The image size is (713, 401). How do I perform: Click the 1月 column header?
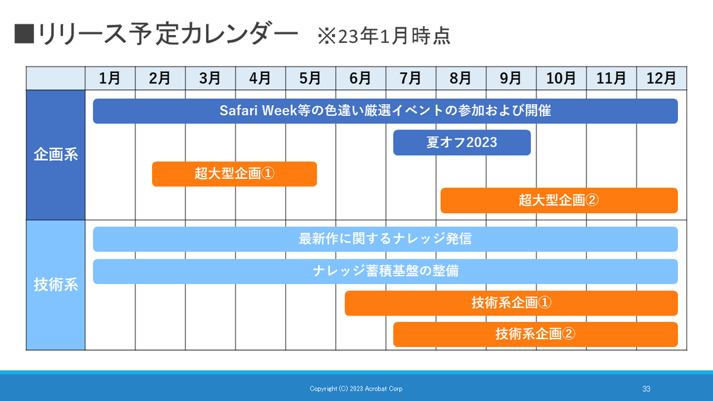click(x=110, y=78)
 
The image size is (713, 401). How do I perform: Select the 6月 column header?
click(x=361, y=78)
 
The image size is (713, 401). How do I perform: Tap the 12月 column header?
click(x=661, y=78)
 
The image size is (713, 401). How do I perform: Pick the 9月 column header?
click(x=511, y=78)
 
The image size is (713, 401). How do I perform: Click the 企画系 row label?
click(x=56, y=155)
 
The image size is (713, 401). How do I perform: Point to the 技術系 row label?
click(x=56, y=285)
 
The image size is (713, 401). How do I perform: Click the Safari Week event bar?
click(x=385, y=111)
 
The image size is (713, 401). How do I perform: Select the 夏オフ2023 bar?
click(x=462, y=143)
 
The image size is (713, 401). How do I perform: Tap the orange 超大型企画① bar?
click(x=234, y=174)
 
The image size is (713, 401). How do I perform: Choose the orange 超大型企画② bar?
click(x=559, y=201)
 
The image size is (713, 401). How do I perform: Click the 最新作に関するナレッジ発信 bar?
click(x=385, y=239)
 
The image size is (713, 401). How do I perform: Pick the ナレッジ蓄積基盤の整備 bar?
click(x=385, y=271)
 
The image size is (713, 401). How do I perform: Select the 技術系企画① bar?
click(x=511, y=304)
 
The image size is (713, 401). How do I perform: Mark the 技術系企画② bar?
click(x=535, y=334)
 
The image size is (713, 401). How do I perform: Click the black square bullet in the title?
click(x=24, y=34)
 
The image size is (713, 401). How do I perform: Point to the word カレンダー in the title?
click(x=241, y=33)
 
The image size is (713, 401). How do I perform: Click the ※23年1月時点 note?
click(x=384, y=36)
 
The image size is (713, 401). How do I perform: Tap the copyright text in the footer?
click(x=356, y=389)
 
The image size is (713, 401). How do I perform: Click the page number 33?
click(x=646, y=389)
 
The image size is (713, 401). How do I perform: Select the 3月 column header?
click(x=210, y=78)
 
